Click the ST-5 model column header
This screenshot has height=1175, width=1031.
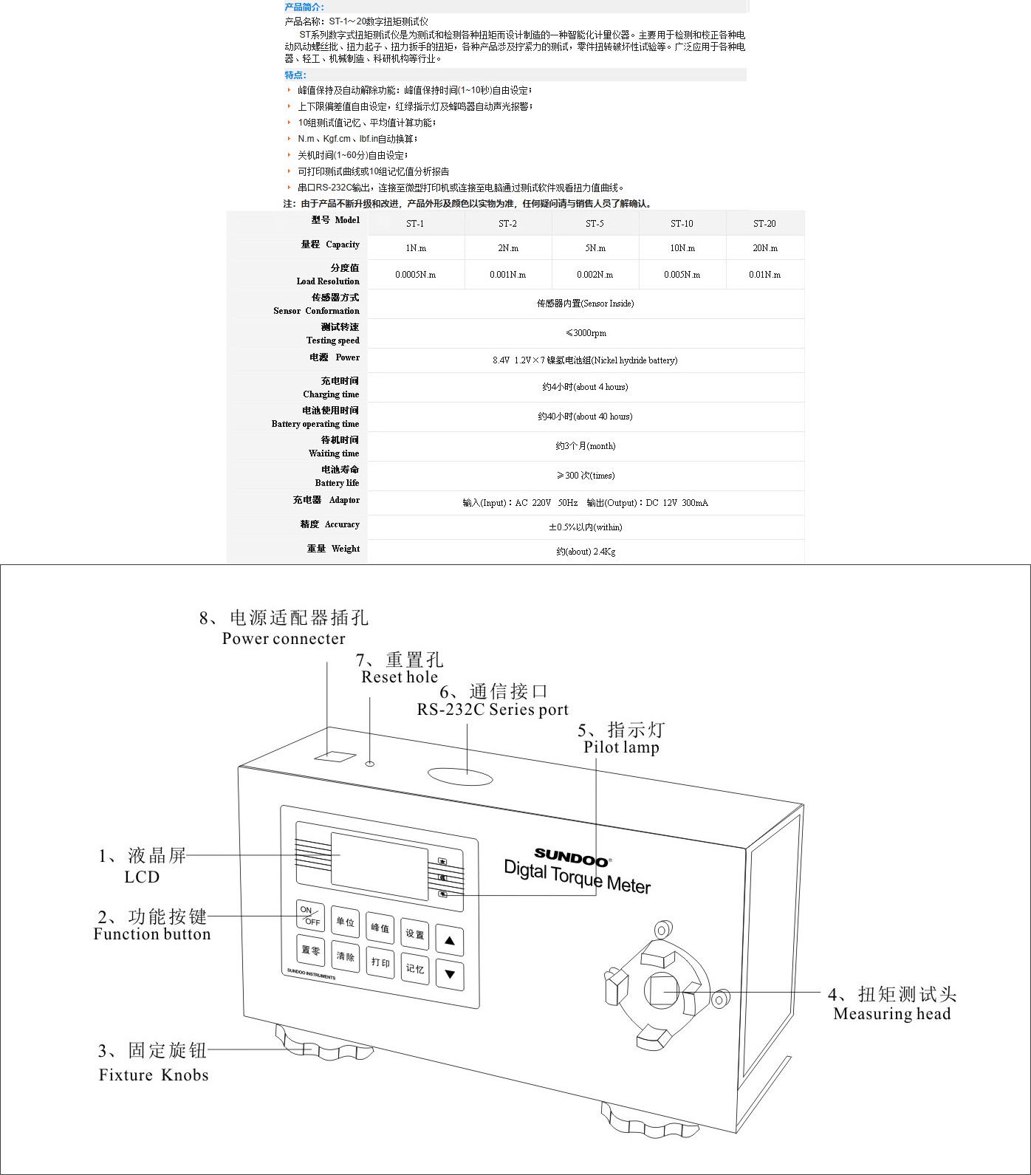coord(595,223)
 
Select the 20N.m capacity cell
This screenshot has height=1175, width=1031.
coord(764,248)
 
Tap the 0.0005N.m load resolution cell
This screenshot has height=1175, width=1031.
coord(415,275)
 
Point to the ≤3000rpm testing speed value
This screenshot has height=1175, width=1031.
coord(585,333)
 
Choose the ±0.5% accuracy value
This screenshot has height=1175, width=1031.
coord(585,527)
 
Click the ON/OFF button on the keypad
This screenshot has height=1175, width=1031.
coord(310,915)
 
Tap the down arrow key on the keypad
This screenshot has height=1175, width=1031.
coord(449,973)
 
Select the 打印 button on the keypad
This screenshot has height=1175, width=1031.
coord(380,962)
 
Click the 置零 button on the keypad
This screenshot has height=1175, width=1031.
coord(311,950)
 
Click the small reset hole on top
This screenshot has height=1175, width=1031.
coord(371,764)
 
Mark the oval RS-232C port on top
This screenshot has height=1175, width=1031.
coord(460,775)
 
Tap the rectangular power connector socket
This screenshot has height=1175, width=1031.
coord(335,756)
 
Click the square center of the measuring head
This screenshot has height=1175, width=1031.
coord(662,990)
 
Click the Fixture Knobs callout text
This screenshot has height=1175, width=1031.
coord(154,1075)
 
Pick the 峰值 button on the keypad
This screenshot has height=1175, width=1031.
coord(380,928)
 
